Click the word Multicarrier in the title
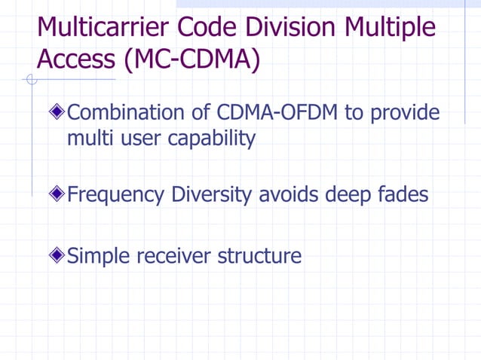coord(105,28)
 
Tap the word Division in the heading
coord(296,28)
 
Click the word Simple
coord(99,257)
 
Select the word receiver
coord(174,256)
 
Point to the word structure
coord(259,256)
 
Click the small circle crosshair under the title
coord(31,81)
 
